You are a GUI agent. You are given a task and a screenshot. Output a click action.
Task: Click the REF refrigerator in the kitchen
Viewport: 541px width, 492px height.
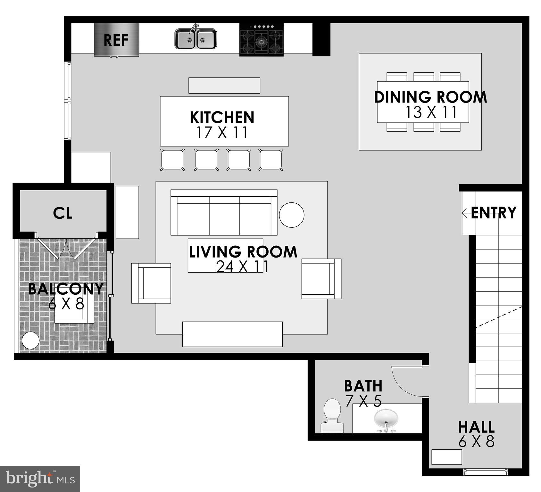pyautogui.click(x=116, y=40)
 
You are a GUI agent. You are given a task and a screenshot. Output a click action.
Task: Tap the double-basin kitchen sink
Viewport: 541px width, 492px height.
pyautogui.click(x=196, y=39)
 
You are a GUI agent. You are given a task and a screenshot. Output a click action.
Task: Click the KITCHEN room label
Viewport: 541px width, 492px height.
pyautogui.click(x=222, y=117)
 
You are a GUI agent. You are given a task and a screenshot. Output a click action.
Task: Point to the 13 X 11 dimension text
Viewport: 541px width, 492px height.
pyautogui.click(x=431, y=112)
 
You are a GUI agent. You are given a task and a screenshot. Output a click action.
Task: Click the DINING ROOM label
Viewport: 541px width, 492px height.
pyautogui.click(x=430, y=97)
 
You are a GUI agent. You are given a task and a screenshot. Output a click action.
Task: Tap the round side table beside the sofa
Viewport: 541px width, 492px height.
pyautogui.click(x=291, y=215)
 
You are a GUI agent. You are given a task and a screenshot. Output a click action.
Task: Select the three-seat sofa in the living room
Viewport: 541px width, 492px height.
pyautogui.click(x=224, y=213)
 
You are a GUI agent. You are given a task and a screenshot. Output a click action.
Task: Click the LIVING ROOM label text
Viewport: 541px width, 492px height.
pyautogui.click(x=243, y=252)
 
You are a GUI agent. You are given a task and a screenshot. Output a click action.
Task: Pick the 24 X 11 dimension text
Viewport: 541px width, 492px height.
pyautogui.click(x=242, y=266)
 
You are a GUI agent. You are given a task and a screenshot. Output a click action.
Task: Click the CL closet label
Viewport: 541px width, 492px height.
pyautogui.click(x=63, y=213)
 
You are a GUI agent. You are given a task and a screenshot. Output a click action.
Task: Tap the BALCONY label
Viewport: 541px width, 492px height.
pyautogui.click(x=66, y=289)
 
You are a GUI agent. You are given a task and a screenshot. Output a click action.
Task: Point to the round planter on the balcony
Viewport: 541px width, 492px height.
pyautogui.click(x=30, y=340)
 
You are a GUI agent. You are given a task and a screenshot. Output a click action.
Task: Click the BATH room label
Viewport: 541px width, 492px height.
pyautogui.click(x=363, y=386)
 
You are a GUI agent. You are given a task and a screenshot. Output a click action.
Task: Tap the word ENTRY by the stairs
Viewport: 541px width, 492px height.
pyautogui.click(x=494, y=213)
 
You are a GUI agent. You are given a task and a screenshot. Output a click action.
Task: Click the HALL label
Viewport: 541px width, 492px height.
pyautogui.click(x=476, y=427)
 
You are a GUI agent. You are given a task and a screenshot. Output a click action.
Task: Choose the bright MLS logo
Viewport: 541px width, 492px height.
pyautogui.click(x=40, y=479)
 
